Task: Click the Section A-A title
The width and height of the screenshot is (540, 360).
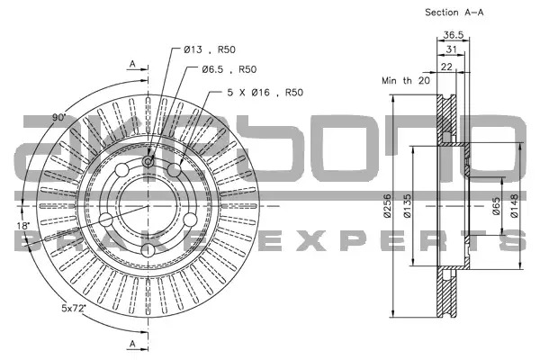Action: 454,13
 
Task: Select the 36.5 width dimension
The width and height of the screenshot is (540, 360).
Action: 454,35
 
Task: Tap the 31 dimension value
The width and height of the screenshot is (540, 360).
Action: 451,49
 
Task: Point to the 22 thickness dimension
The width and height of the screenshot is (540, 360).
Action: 446,67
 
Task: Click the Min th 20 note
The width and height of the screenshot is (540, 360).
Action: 406,81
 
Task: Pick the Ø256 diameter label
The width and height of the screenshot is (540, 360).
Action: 387,206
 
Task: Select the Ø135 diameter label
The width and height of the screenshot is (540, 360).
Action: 407,206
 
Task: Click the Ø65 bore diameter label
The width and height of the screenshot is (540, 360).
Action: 496,206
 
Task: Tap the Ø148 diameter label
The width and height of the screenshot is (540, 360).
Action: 514,206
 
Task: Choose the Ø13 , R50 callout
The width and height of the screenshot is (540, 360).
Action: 210,49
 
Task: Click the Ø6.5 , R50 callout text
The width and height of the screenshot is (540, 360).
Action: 229,69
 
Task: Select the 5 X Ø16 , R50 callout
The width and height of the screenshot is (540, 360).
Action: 265,93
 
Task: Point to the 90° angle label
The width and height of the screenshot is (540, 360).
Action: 58,118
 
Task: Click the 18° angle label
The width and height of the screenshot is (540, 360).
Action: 23,226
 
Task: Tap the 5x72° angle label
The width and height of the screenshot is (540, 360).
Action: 74,308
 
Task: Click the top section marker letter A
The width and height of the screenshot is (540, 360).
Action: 132,64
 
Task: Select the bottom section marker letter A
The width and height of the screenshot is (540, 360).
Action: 132,344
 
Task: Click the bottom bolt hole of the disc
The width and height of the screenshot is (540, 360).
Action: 148,250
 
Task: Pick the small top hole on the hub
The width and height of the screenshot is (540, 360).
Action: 148,161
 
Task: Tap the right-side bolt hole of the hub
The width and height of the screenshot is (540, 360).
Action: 190,220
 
